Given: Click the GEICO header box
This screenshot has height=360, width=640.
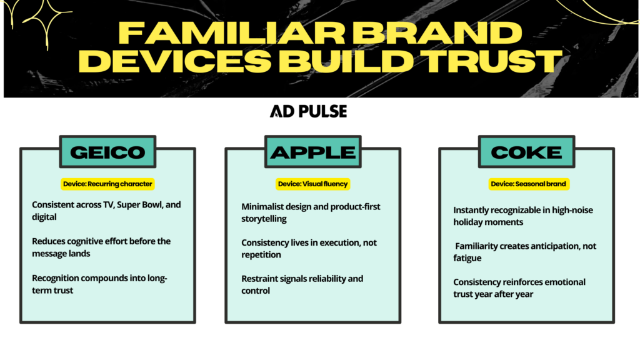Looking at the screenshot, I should pyautogui.click(x=107, y=152).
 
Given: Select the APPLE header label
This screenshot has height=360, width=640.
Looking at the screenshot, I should pyautogui.click(x=313, y=152).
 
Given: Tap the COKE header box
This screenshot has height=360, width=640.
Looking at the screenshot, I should pyautogui.click(x=526, y=152).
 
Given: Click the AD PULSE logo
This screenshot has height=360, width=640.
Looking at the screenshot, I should pyautogui.click(x=308, y=111).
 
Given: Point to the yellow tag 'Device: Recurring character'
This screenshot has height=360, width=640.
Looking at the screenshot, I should pyautogui.click(x=107, y=184).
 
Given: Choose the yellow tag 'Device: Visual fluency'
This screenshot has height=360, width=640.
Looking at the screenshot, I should pyautogui.click(x=312, y=184).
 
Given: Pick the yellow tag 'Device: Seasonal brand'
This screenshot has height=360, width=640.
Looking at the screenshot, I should pyautogui.click(x=529, y=184).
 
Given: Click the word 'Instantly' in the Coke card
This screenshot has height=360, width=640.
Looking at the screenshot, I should pyautogui.click(x=472, y=211).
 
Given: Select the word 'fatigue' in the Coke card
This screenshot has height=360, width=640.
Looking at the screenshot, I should pyautogui.click(x=467, y=257).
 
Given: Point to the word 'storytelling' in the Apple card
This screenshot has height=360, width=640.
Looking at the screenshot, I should pyautogui.click(x=265, y=219).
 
